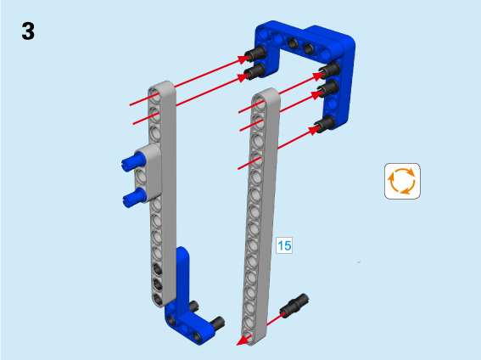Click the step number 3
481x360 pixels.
pyautogui.click(x=28, y=31)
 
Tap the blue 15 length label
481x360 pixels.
pyautogui.click(x=284, y=245)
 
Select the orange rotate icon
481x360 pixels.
pyautogui.click(x=402, y=181)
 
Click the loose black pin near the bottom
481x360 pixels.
pyautogui.click(x=294, y=306)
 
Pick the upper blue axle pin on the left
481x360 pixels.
pyautogui.click(x=133, y=161)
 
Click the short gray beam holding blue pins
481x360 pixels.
pyautogui.click(x=148, y=173)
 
